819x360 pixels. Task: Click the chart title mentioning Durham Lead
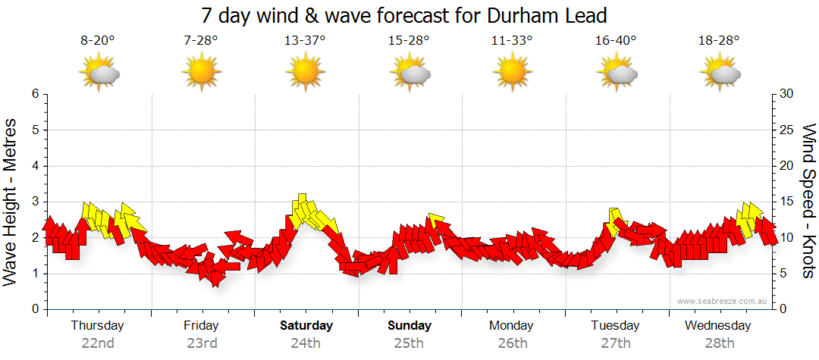[x=405, y=15]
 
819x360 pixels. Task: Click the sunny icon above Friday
[x=201, y=74]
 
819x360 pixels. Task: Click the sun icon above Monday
[x=512, y=74]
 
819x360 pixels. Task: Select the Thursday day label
[x=98, y=326]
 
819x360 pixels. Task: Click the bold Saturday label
[x=306, y=326]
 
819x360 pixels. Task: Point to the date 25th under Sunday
[x=409, y=343]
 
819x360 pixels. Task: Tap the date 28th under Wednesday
[x=719, y=343]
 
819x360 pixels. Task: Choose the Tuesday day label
[x=616, y=326]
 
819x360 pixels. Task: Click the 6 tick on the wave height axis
[x=34, y=94]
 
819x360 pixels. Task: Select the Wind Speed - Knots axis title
[x=808, y=201]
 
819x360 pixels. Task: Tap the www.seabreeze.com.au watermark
[x=723, y=301]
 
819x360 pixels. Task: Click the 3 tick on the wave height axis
[x=34, y=202]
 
